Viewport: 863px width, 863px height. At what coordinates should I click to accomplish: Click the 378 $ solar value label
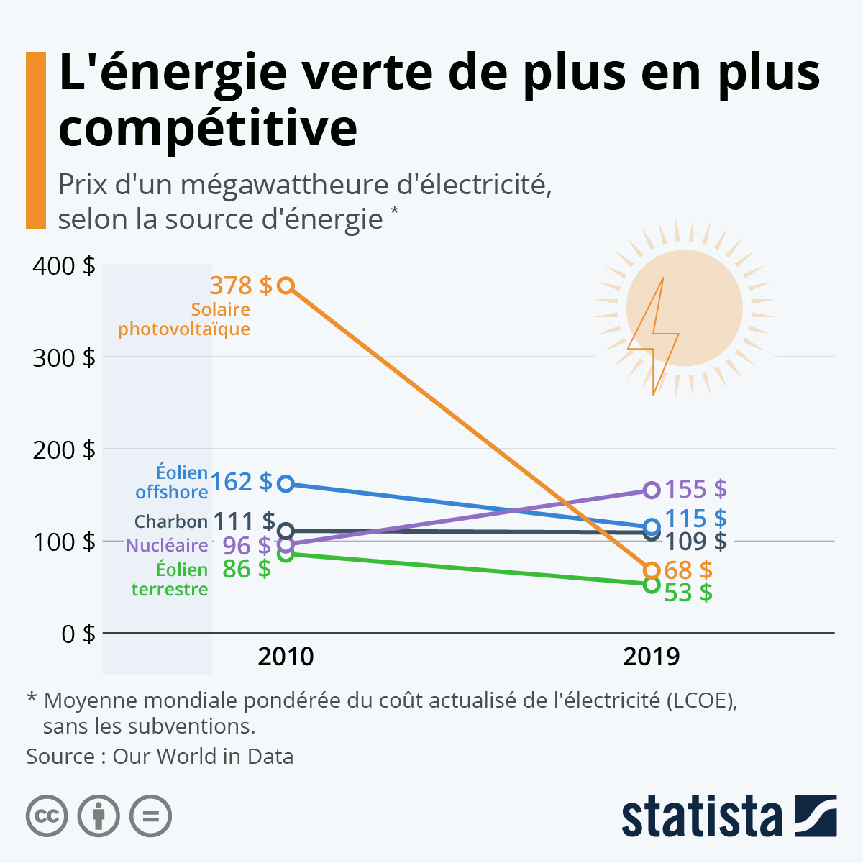point(241,286)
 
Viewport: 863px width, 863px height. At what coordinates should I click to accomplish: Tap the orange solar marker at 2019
point(651,570)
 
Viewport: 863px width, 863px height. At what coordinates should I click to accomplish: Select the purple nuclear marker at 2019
point(651,490)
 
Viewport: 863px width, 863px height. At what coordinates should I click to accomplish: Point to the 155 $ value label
point(695,489)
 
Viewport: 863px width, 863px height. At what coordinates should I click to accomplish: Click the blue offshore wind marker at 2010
point(286,483)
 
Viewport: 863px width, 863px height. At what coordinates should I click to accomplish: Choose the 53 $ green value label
point(688,593)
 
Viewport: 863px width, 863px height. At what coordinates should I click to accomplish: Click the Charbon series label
point(170,521)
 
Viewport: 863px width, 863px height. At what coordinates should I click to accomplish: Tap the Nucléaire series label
point(167,545)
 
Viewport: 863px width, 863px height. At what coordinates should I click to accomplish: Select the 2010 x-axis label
point(286,657)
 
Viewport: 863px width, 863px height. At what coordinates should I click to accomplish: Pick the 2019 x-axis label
point(651,657)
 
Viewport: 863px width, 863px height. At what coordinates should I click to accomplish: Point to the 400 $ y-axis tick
point(64,265)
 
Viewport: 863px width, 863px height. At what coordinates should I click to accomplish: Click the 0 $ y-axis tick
point(78,634)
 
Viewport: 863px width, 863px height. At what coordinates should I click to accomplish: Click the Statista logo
point(729,816)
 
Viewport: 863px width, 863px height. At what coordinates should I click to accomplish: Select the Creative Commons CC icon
point(47,816)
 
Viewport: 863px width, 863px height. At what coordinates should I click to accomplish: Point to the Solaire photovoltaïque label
point(185,319)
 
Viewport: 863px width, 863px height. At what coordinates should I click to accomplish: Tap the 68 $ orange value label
point(688,570)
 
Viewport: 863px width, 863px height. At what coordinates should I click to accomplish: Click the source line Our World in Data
point(160,757)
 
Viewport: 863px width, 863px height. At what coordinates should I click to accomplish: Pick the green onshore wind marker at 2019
point(651,585)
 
